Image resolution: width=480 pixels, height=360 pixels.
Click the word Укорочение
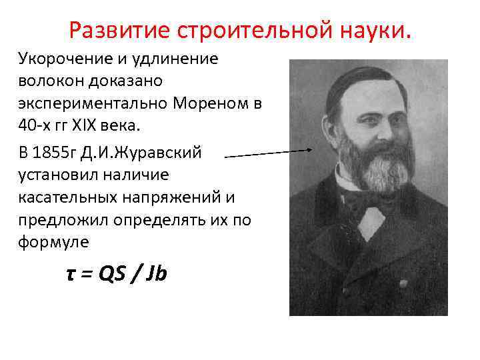pos(61,58)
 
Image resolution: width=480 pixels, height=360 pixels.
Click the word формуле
pos(53,243)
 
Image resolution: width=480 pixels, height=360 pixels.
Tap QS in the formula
pos(113,274)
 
